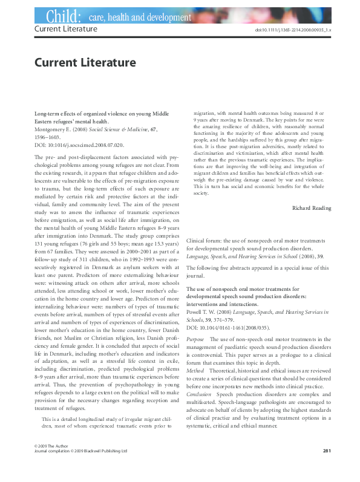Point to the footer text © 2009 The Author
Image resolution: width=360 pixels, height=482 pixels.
(49, 462)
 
